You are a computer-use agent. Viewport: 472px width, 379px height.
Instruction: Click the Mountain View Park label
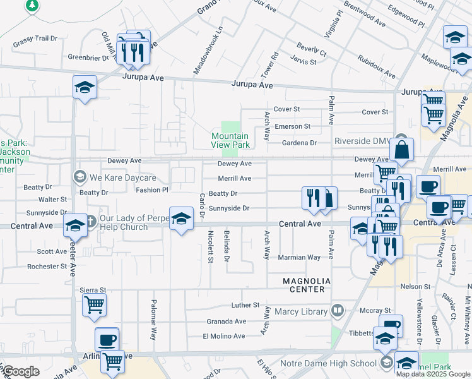tap(230, 140)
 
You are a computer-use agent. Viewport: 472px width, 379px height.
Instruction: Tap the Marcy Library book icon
tap(338, 311)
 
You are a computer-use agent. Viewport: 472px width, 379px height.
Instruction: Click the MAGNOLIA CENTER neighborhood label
tap(298, 284)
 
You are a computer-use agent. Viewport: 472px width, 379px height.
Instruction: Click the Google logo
tap(20, 371)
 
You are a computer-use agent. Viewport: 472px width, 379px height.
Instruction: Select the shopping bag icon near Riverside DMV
tap(401, 151)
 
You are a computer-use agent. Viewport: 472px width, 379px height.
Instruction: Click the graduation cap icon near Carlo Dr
tap(181, 219)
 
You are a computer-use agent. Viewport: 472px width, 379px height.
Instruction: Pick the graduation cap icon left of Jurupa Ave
tap(84, 87)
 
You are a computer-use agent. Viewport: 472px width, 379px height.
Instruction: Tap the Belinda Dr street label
tap(225, 247)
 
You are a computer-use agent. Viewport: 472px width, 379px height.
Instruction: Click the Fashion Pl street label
tap(152, 189)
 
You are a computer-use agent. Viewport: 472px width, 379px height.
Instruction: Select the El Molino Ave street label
tap(223, 336)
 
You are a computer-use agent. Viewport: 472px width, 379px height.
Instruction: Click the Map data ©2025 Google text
tap(433, 374)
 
